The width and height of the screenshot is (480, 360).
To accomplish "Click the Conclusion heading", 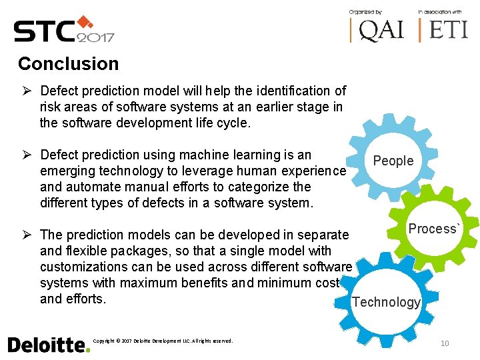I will coord(68,64).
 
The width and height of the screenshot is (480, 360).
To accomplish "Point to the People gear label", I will coord(393,161).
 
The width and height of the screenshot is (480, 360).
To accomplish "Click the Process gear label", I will coord(434,229).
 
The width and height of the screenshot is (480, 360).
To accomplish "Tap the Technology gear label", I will coord(386,302).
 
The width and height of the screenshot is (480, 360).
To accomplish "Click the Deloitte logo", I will coord(48,344).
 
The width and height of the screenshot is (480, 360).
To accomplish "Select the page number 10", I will coord(445,343).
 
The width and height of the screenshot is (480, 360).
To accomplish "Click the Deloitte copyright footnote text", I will coord(163,341).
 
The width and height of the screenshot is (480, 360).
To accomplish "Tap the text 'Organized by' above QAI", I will coord(366,12).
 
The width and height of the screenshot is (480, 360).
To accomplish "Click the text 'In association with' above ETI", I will coord(440,12).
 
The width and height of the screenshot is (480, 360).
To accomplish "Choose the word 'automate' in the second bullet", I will coord(91,187).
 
